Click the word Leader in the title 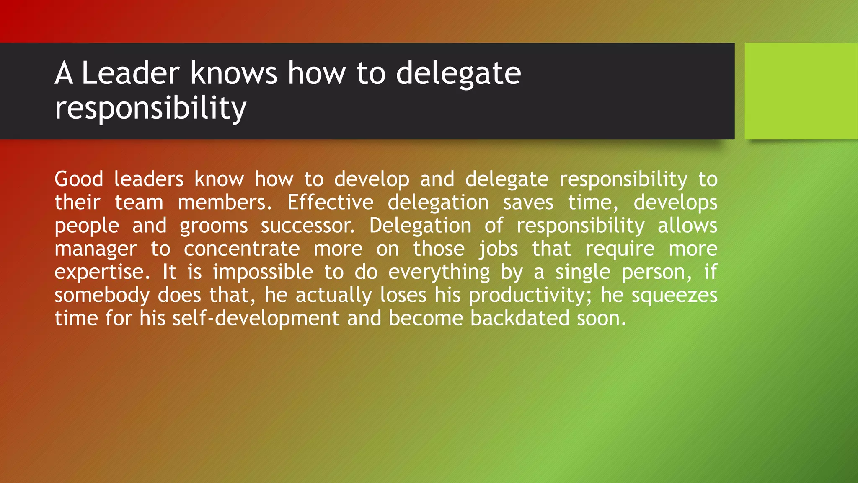click(x=130, y=73)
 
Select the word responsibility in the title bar click(x=150, y=108)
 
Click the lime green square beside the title click(x=801, y=91)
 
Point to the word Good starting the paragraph click(x=79, y=179)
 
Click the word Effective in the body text click(x=330, y=203)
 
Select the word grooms click(x=214, y=226)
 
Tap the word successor click(x=308, y=226)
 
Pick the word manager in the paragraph click(x=96, y=249)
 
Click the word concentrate click(x=242, y=249)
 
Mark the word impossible click(x=263, y=273)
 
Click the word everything click(x=439, y=273)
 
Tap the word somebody click(x=102, y=296)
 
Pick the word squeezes click(x=675, y=296)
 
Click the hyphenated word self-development click(x=256, y=319)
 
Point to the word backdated click(x=519, y=319)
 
